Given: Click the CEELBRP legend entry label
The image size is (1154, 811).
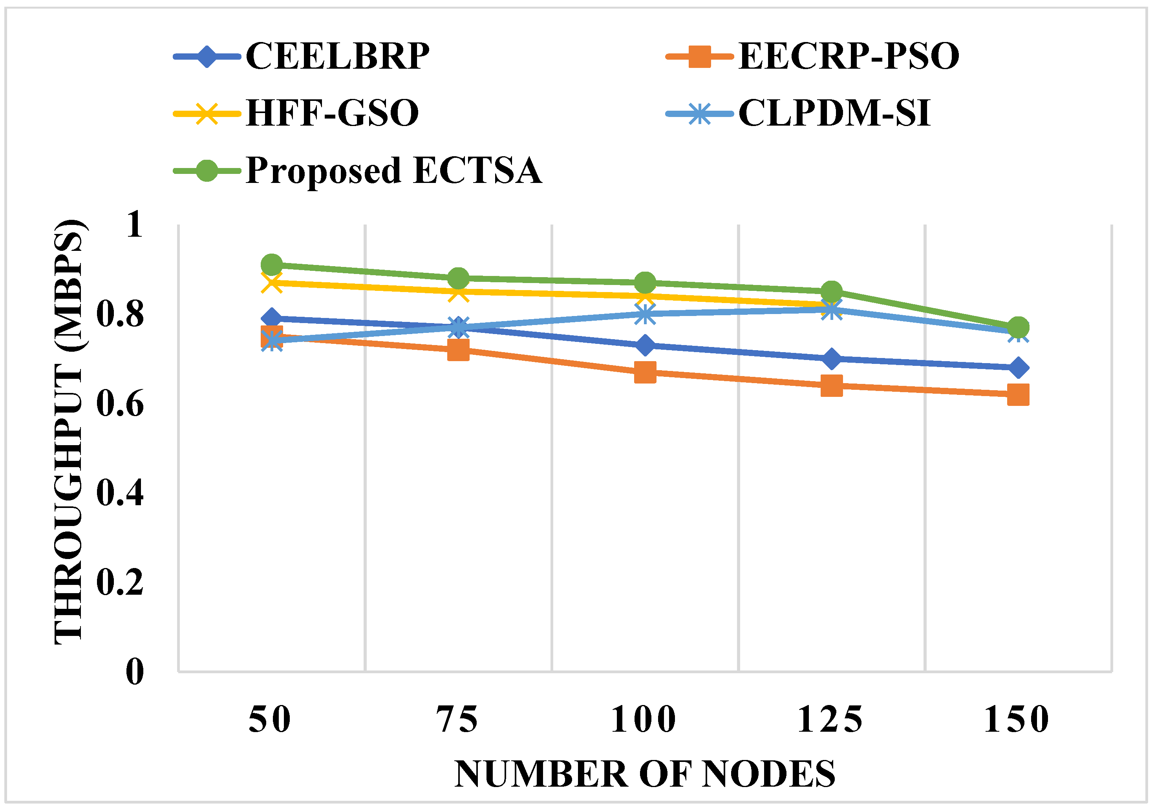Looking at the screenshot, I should click(x=337, y=56).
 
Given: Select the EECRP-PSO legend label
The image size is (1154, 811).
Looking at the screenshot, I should click(x=849, y=56).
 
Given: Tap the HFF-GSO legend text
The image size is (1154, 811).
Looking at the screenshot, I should click(x=332, y=113).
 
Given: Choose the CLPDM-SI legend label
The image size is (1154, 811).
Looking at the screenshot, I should click(x=834, y=113).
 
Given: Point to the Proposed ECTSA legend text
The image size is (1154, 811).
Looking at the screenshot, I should click(x=393, y=170).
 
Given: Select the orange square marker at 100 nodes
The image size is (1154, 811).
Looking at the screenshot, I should click(x=645, y=373).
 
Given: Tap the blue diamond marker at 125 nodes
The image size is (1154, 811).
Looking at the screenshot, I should click(x=832, y=359).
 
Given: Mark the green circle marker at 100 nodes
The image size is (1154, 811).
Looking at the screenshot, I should click(x=645, y=283).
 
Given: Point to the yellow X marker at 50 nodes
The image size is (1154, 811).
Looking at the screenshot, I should click(x=272, y=283).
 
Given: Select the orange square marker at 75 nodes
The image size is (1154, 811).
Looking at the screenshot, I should click(x=458, y=350).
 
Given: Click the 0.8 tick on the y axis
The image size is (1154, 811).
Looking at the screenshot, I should click(x=120, y=314).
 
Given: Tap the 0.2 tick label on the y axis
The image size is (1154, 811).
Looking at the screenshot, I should click(x=120, y=583).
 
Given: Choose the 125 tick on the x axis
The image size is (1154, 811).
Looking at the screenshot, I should click(x=831, y=720).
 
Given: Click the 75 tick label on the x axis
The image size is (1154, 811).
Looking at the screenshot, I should click(x=457, y=720).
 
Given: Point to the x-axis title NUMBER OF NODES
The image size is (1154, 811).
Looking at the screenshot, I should click(x=645, y=774).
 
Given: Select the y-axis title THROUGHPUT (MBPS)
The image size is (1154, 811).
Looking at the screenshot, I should click(x=69, y=432).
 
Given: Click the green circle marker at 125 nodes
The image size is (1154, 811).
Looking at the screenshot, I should click(x=832, y=291).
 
